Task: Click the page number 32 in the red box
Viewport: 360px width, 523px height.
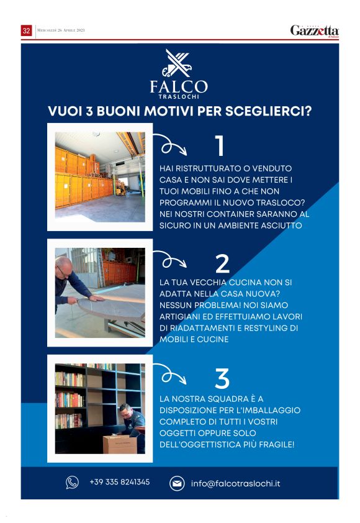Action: [26, 30]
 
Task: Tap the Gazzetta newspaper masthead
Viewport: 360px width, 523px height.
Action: [314, 31]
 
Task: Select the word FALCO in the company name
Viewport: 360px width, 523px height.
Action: [179, 87]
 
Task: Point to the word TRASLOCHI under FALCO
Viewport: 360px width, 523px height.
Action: [179, 97]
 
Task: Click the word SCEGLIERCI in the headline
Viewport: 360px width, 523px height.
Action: [268, 111]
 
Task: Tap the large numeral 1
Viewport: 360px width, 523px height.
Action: [219, 145]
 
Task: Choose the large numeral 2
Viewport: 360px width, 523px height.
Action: [222, 263]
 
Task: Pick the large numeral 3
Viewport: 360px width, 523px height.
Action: [222, 378]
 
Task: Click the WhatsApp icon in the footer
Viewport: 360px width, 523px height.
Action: [72, 482]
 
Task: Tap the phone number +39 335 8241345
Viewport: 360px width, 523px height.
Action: [120, 482]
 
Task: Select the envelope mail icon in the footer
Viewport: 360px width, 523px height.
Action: [177, 483]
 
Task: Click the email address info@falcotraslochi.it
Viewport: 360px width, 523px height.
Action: [235, 483]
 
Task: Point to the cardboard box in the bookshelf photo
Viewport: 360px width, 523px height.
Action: [120, 444]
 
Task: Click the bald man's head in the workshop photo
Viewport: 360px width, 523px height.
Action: [63, 267]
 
